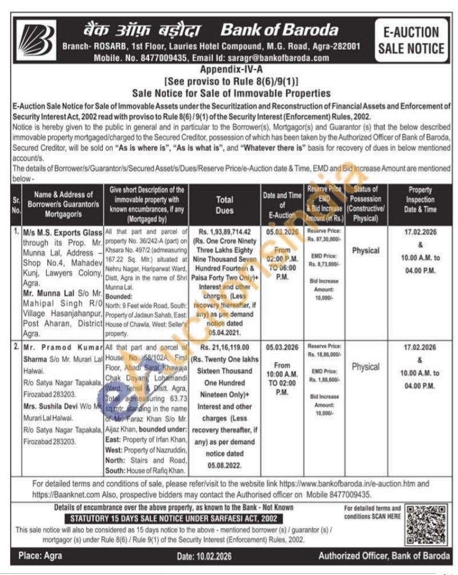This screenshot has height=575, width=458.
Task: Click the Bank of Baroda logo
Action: click(35, 40)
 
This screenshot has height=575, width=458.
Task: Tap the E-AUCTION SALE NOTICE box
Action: click(410, 41)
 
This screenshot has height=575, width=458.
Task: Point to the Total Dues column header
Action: click(224, 205)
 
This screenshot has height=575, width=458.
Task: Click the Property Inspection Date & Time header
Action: click(420, 199)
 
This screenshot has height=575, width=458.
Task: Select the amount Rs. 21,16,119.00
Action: click(224, 348)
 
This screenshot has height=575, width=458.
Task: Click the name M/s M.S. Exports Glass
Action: click(63, 233)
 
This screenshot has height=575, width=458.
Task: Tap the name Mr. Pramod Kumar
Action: click(64, 348)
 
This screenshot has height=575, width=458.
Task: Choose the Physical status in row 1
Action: click(365, 250)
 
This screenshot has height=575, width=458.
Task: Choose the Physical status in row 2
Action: click(365, 367)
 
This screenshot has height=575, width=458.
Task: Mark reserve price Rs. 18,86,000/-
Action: click(324, 354)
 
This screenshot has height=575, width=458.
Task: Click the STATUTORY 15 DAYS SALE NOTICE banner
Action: click(174, 518)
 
